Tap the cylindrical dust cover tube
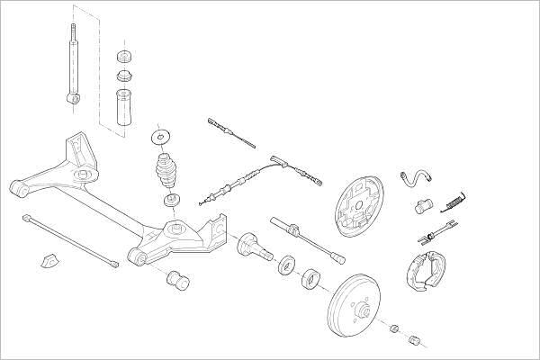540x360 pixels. (123, 106)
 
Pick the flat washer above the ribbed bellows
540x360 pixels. (161, 137)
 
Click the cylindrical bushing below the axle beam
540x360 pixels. (176, 280)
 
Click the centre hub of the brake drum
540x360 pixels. (364, 311)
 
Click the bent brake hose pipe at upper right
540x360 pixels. (417, 178)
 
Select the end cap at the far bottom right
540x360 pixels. (416, 340)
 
